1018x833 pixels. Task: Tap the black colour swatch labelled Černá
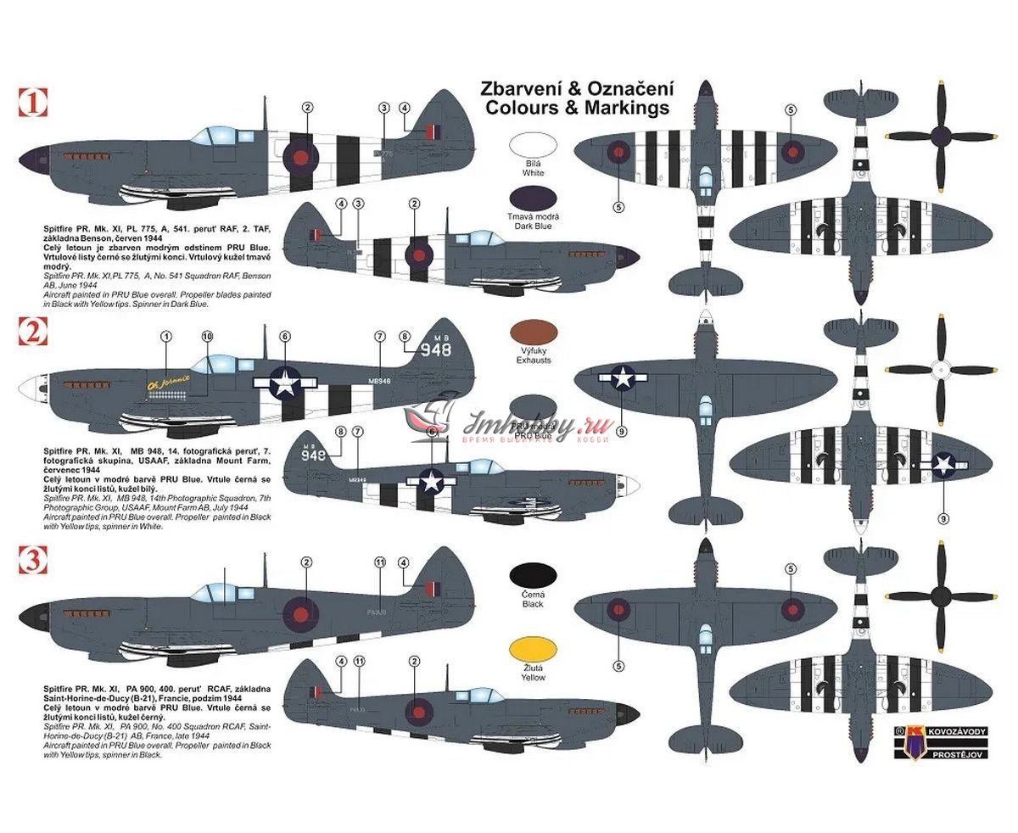[533, 579]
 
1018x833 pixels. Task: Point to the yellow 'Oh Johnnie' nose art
[169, 381]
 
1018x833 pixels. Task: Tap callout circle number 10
[207, 336]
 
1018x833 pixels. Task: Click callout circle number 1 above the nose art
[166, 336]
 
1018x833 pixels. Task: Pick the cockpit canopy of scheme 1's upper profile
[207, 136]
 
